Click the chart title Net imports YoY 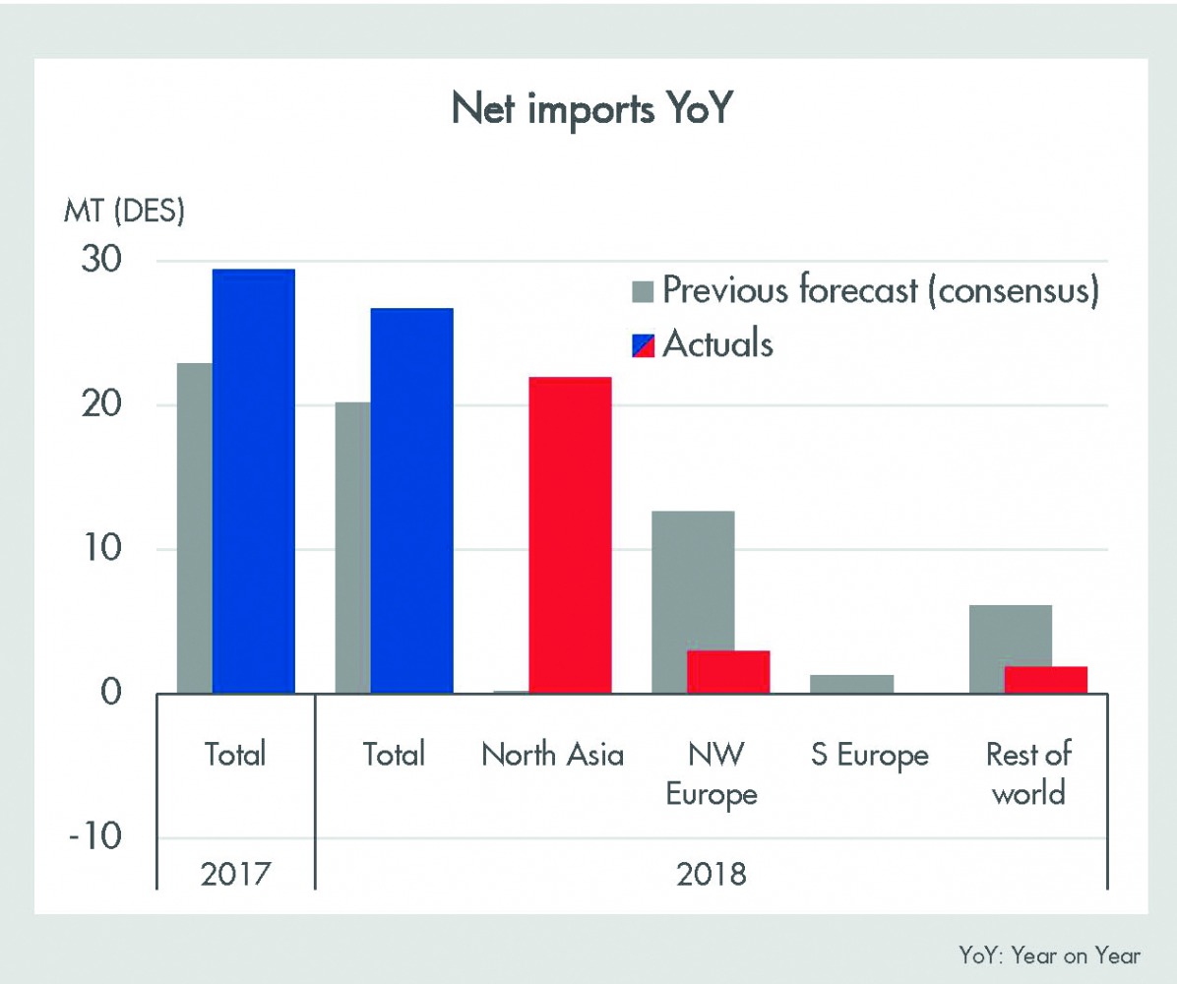click(592, 110)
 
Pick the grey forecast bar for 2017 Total click(195, 527)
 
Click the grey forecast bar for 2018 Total click(352, 547)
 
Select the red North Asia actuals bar click(570, 534)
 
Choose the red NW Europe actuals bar click(728, 671)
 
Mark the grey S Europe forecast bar click(852, 683)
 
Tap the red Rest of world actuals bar click(1045, 679)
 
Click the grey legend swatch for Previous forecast click(643, 290)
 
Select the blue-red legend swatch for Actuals click(643, 343)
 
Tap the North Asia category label click(552, 755)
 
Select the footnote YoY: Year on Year click(1049, 954)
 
